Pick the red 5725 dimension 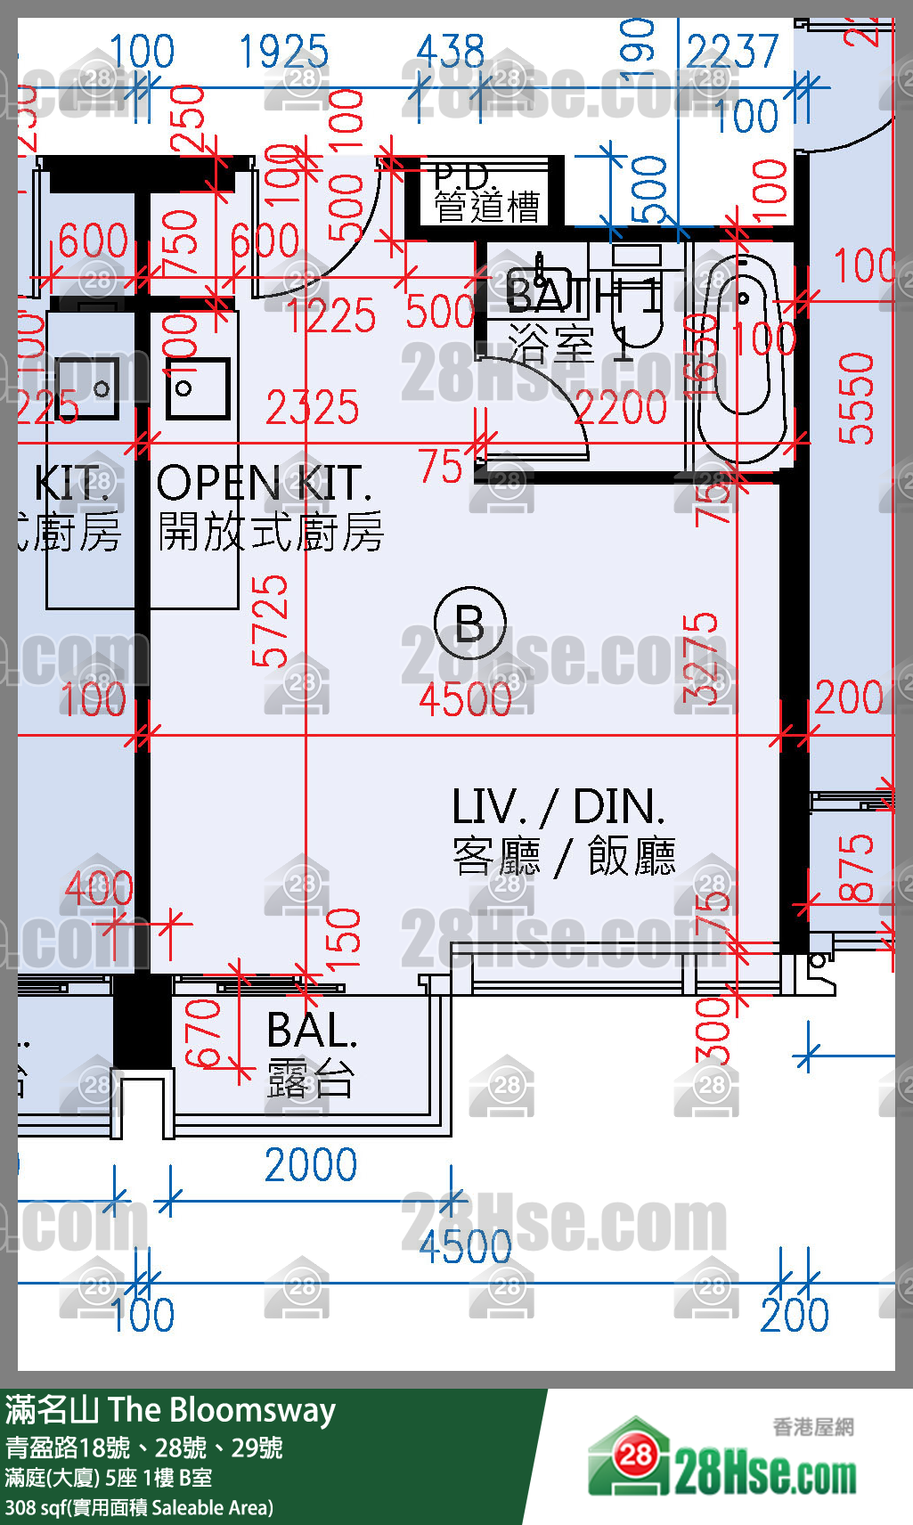(x=270, y=621)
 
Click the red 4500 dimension (x=465, y=699)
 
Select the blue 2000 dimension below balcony (x=311, y=1165)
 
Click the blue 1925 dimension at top (x=283, y=53)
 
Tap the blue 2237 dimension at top (x=732, y=52)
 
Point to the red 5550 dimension (x=857, y=398)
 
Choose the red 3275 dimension (x=701, y=657)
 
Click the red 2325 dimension (x=313, y=408)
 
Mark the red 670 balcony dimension (x=203, y=1033)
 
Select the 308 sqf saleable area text (x=139, y=1508)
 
